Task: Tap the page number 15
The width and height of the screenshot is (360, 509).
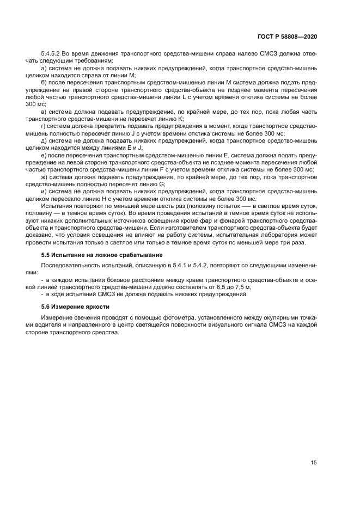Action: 314,462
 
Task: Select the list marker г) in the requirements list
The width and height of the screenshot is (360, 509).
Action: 45,125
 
